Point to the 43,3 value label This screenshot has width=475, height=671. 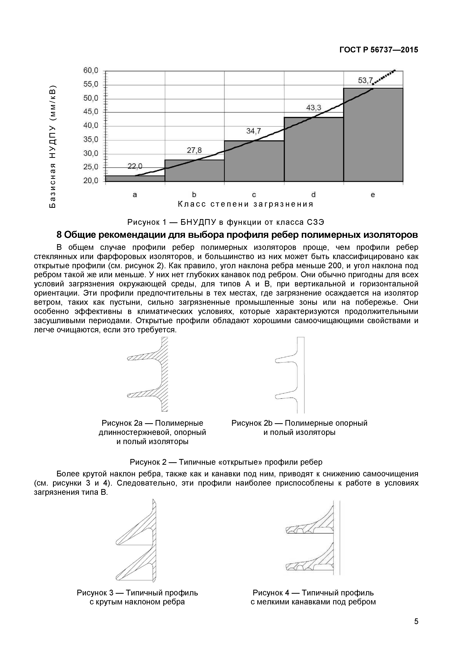[x=314, y=108]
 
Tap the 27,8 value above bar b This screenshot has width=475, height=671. [x=194, y=150]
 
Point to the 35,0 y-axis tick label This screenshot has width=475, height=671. [x=91, y=139]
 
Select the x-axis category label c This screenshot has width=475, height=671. [x=254, y=195]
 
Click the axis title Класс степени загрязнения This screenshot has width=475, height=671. [x=246, y=204]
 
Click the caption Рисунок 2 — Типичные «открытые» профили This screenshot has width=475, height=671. [x=226, y=462]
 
